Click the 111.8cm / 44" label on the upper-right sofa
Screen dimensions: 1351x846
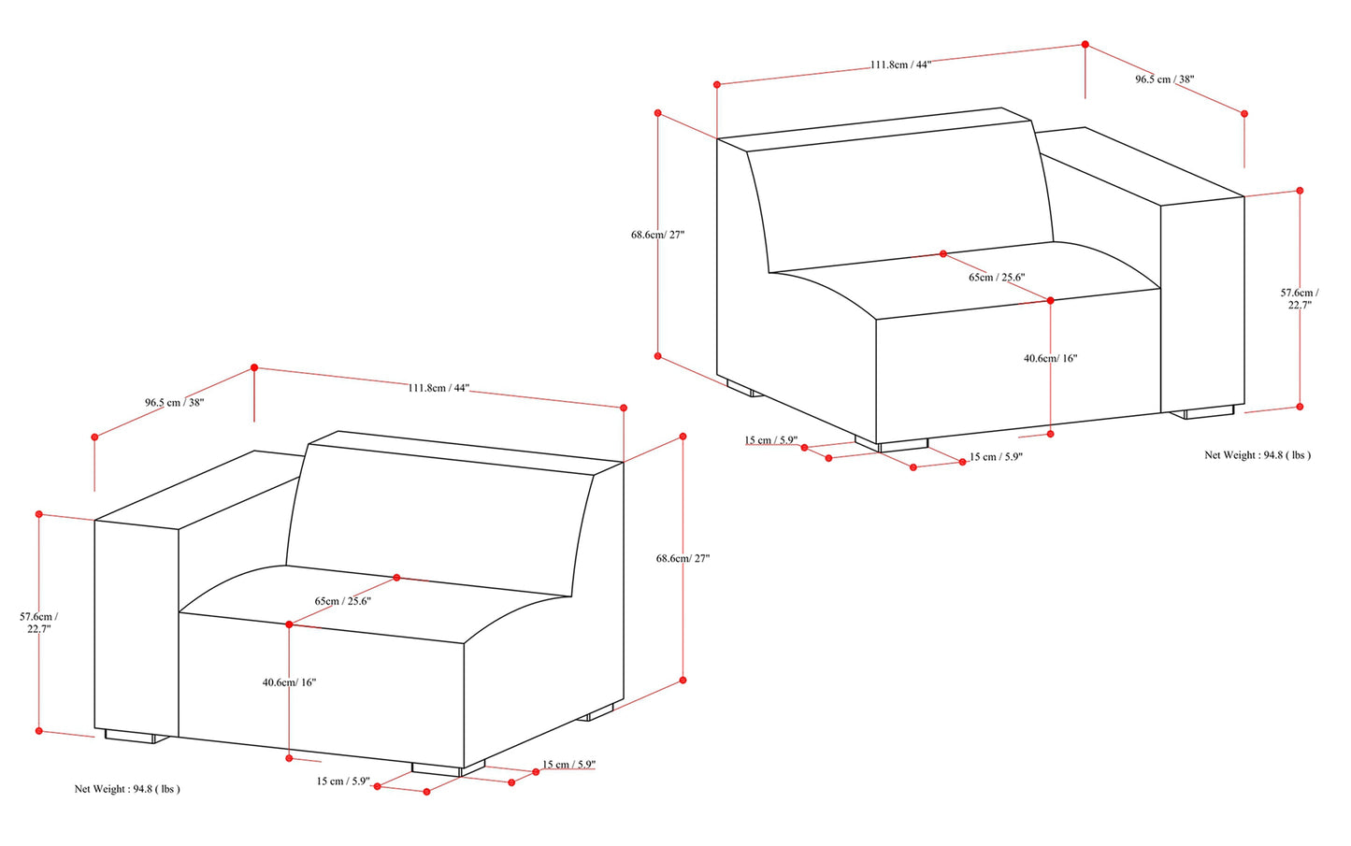coord(900,65)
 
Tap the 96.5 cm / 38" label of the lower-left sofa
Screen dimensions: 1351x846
coord(174,402)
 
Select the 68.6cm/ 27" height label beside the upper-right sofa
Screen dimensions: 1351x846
coord(658,235)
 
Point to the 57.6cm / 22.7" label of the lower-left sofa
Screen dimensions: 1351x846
coord(39,623)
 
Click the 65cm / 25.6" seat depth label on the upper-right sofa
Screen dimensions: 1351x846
coord(997,278)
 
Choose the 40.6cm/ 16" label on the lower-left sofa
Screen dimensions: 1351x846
coord(289,682)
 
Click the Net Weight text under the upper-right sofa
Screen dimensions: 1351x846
coord(1258,455)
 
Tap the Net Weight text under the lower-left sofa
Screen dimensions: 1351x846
coord(127,789)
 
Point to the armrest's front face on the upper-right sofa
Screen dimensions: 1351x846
coord(1202,305)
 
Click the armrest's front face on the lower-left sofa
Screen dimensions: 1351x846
coord(137,627)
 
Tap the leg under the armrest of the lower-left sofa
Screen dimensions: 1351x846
coord(137,737)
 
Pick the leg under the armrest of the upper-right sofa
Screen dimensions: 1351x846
coord(1202,412)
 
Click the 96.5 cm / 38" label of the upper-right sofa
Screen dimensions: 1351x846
coord(1165,79)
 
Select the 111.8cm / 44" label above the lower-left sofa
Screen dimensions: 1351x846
coord(438,388)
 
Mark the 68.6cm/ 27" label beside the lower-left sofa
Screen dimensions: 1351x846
coord(683,558)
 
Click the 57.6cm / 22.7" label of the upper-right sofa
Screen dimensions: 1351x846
coord(1300,298)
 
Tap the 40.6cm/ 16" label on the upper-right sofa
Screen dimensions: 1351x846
coord(1051,358)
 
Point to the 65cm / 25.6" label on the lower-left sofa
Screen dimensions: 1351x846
coord(342,601)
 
